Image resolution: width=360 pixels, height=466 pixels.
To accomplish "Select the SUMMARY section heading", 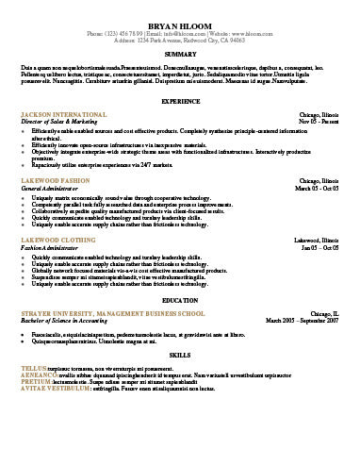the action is (179, 55).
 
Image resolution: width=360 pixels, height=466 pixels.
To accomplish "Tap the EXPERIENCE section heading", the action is (179, 100).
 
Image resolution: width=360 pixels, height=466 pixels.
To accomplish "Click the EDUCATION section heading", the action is (179, 299).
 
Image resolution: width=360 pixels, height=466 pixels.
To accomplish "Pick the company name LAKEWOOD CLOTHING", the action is (57, 241).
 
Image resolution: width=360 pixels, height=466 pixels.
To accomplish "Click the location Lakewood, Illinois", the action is (315, 241).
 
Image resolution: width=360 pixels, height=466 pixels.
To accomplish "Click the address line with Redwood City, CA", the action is (179, 42).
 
